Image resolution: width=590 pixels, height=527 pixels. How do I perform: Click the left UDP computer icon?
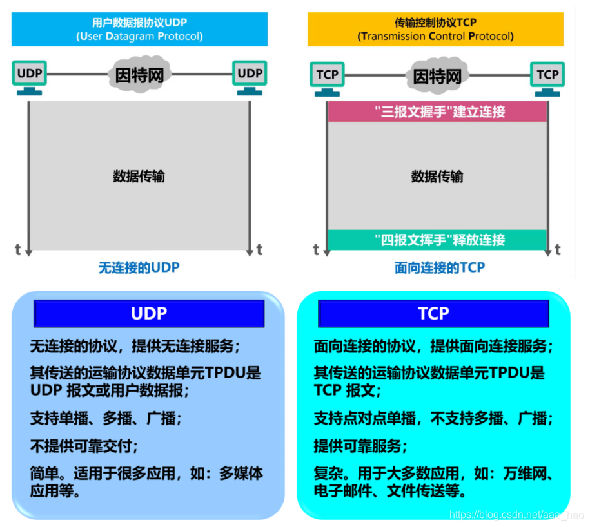coord(30,76)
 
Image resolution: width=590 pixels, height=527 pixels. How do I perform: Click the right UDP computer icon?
coord(250,76)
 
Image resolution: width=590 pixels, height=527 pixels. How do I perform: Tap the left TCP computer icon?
coord(328,77)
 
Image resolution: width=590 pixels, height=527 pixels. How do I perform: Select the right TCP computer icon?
coord(547,77)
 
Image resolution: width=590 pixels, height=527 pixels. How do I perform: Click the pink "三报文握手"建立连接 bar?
coord(437,111)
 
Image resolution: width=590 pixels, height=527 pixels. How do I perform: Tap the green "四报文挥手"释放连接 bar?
coord(437,240)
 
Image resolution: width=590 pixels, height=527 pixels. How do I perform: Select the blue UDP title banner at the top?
coord(139,30)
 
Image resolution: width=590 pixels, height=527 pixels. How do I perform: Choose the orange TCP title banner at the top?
coord(436,30)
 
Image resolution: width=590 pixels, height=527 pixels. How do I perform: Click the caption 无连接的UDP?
coord(139,267)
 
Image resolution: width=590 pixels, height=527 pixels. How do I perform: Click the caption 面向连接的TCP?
coord(439,267)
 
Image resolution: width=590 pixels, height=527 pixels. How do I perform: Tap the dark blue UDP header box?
coord(149,314)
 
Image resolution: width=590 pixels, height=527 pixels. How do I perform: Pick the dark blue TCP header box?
coord(433,314)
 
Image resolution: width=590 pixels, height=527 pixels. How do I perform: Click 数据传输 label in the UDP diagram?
coord(139,176)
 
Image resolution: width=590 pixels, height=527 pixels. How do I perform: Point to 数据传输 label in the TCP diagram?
coord(437,176)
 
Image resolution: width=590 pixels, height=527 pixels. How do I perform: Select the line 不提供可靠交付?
coord(84,446)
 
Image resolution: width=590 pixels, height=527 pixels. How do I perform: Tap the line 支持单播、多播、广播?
coord(106,418)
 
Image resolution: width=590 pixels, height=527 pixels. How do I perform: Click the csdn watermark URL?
coord(516,515)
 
